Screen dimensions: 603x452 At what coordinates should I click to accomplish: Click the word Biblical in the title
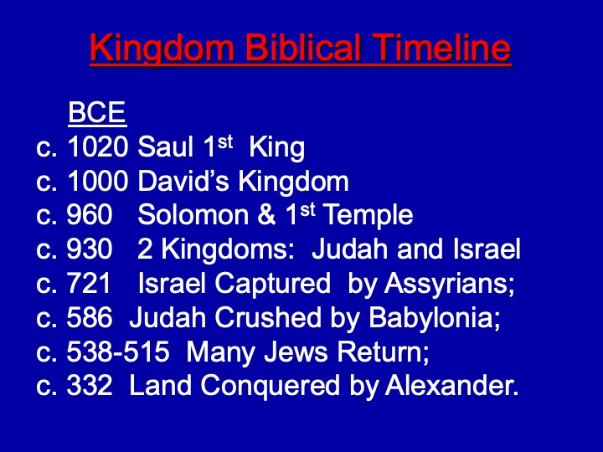(x=304, y=47)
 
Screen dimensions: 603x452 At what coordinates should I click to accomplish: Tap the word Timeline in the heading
(x=441, y=47)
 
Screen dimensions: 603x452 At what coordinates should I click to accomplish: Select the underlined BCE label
(x=97, y=112)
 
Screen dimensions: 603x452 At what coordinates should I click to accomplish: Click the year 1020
(x=97, y=146)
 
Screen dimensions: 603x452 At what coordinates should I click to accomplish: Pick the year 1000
(x=97, y=181)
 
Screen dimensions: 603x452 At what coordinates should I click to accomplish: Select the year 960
(x=90, y=214)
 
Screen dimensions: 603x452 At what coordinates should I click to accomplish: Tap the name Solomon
(x=193, y=214)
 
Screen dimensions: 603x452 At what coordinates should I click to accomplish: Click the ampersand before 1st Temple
(x=266, y=214)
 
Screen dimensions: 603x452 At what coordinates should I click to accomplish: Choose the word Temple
(x=368, y=215)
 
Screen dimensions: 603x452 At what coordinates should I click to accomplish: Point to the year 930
(x=90, y=249)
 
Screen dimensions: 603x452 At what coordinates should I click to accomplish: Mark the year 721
(x=89, y=283)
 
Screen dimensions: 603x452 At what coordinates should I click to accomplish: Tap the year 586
(x=90, y=317)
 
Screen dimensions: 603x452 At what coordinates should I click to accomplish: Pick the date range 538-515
(x=118, y=352)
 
